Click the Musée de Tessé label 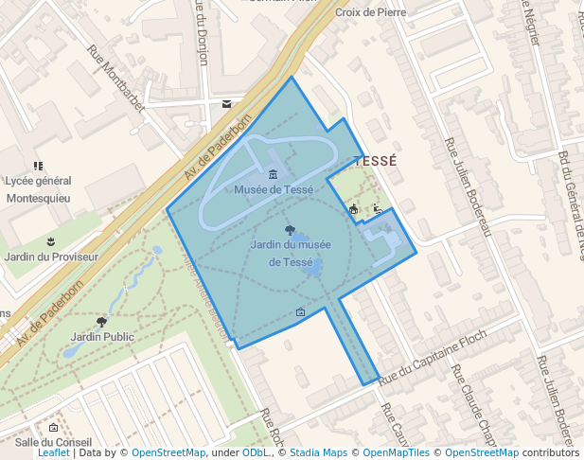(x=274, y=189)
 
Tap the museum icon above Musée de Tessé (x=274, y=174)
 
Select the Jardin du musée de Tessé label (x=291, y=253)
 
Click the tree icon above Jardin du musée (x=290, y=229)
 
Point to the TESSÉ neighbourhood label (x=373, y=162)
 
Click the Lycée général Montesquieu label (x=38, y=189)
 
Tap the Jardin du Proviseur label (x=51, y=257)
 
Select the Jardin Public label (x=102, y=336)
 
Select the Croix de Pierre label (x=370, y=12)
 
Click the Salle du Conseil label (x=53, y=442)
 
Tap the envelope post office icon (x=226, y=104)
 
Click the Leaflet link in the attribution (x=53, y=453)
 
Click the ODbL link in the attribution (x=255, y=453)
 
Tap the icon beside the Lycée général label (x=38, y=166)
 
